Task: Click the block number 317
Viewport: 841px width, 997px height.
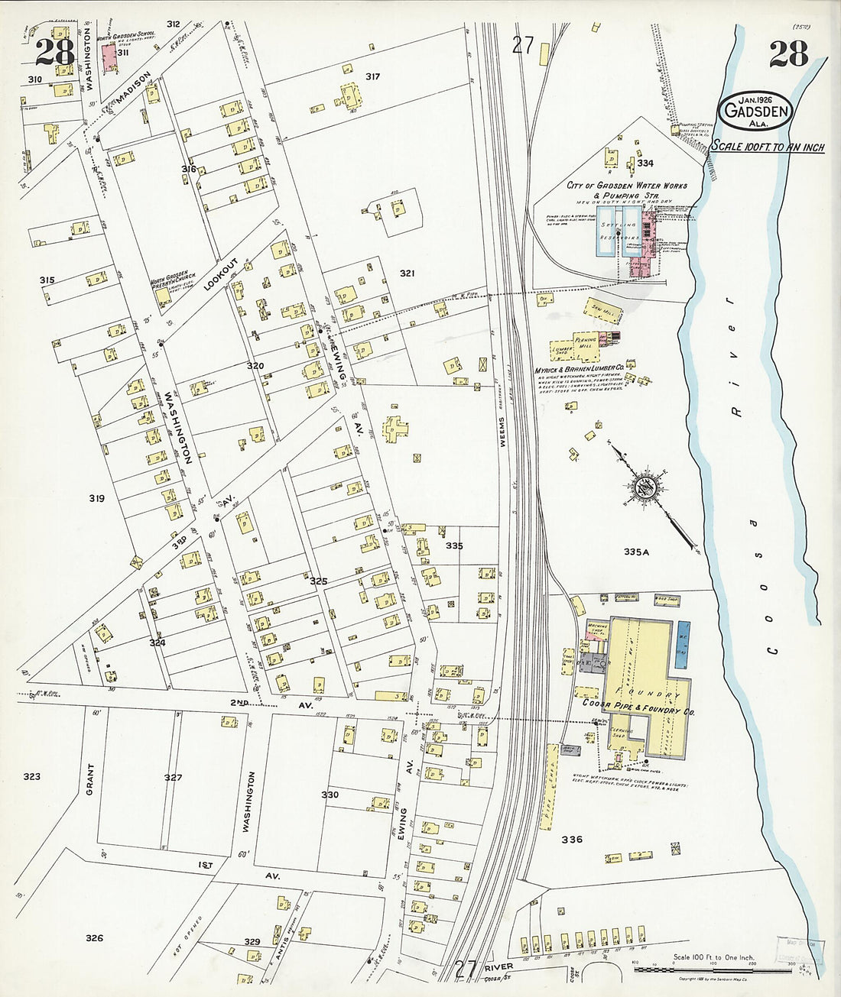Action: click(x=372, y=76)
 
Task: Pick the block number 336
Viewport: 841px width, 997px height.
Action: click(x=571, y=840)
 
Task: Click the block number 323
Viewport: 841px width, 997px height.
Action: click(x=31, y=777)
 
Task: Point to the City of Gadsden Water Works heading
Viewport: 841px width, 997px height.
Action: click(x=626, y=186)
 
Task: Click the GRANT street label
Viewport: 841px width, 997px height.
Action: click(x=89, y=779)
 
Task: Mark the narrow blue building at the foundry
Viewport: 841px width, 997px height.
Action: click(x=680, y=641)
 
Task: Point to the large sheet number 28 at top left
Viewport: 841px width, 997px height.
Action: click(x=54, y=52)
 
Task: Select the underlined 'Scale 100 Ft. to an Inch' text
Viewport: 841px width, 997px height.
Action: click(x=768, y=147)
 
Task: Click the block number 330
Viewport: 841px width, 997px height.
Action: click(x=330, y=795)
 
